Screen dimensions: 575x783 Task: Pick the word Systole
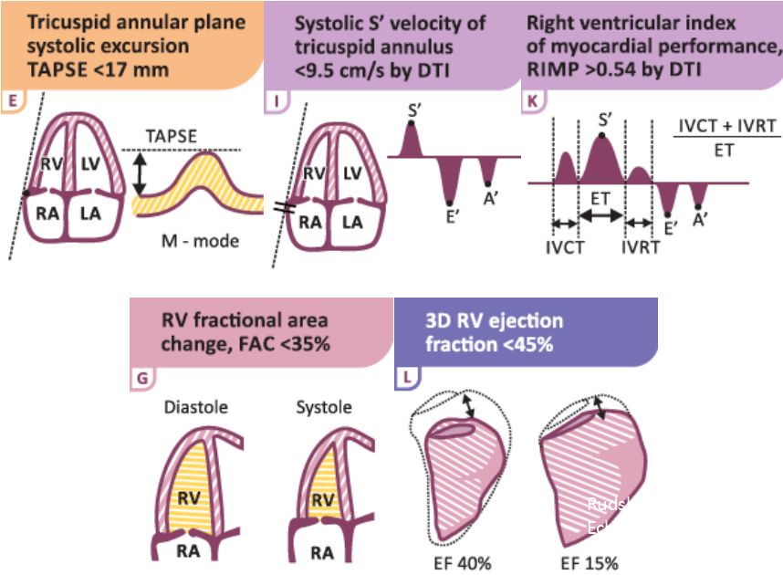tap(322, 407)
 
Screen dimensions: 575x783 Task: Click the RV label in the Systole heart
tap(321, 499)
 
